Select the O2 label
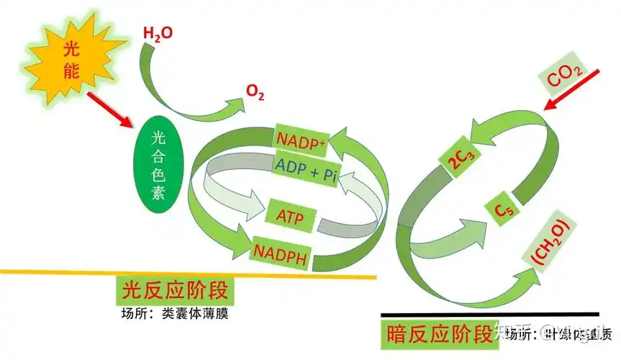[255, 91]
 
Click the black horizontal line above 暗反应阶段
[489, 315]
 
